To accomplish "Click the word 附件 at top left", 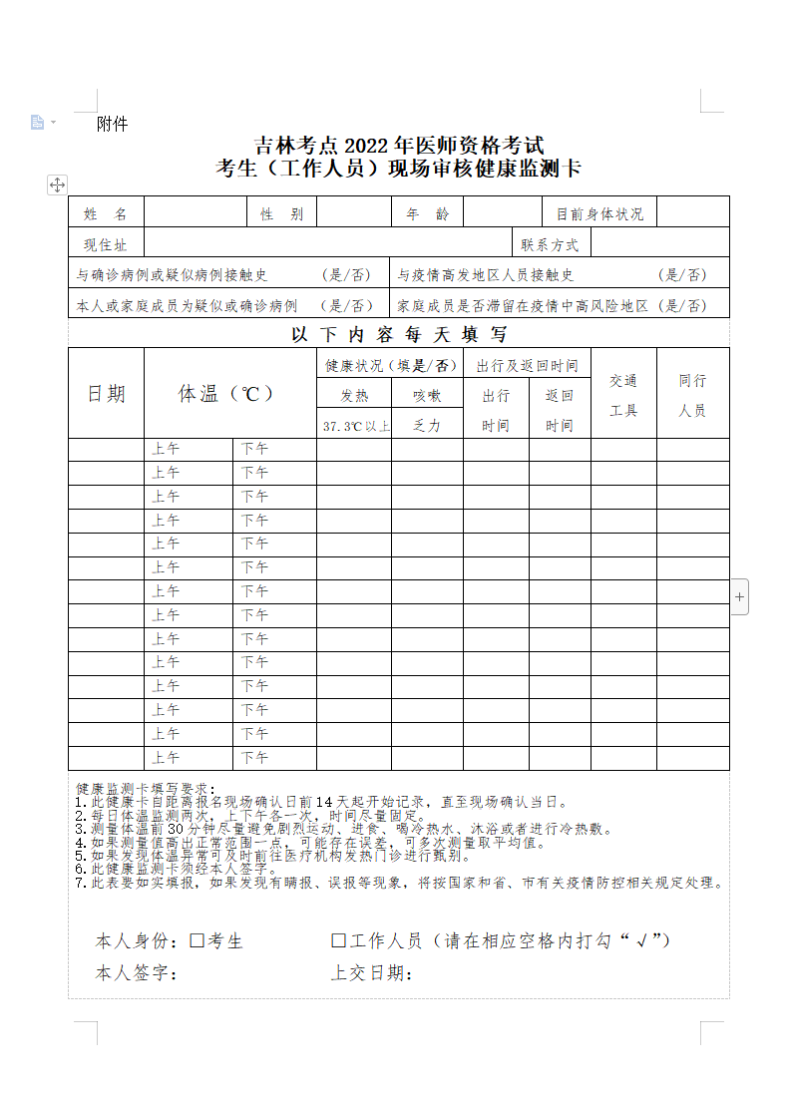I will tap(113, 125).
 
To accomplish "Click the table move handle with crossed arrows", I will tap(57, 184).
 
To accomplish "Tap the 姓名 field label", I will tap(106, 213).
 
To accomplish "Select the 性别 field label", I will tap(281, 213).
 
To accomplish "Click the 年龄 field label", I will tap(427, 213).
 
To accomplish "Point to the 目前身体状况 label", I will tap(599, 213).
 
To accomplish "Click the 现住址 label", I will tap(106, 244).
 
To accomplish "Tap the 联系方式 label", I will tap(550, 244).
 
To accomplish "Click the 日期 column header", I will tap(106, 394).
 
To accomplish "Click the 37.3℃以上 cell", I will tap(355, 426).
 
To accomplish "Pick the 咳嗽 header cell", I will tap(427, 395).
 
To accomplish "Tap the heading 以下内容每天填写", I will tap(399, 335).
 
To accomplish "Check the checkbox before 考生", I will tap(197, 939).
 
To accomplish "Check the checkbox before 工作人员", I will tap(338, 939).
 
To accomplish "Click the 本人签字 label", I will tap(137, 973).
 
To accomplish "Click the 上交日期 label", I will tap(372, 973).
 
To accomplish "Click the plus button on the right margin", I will tap(739, 597).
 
